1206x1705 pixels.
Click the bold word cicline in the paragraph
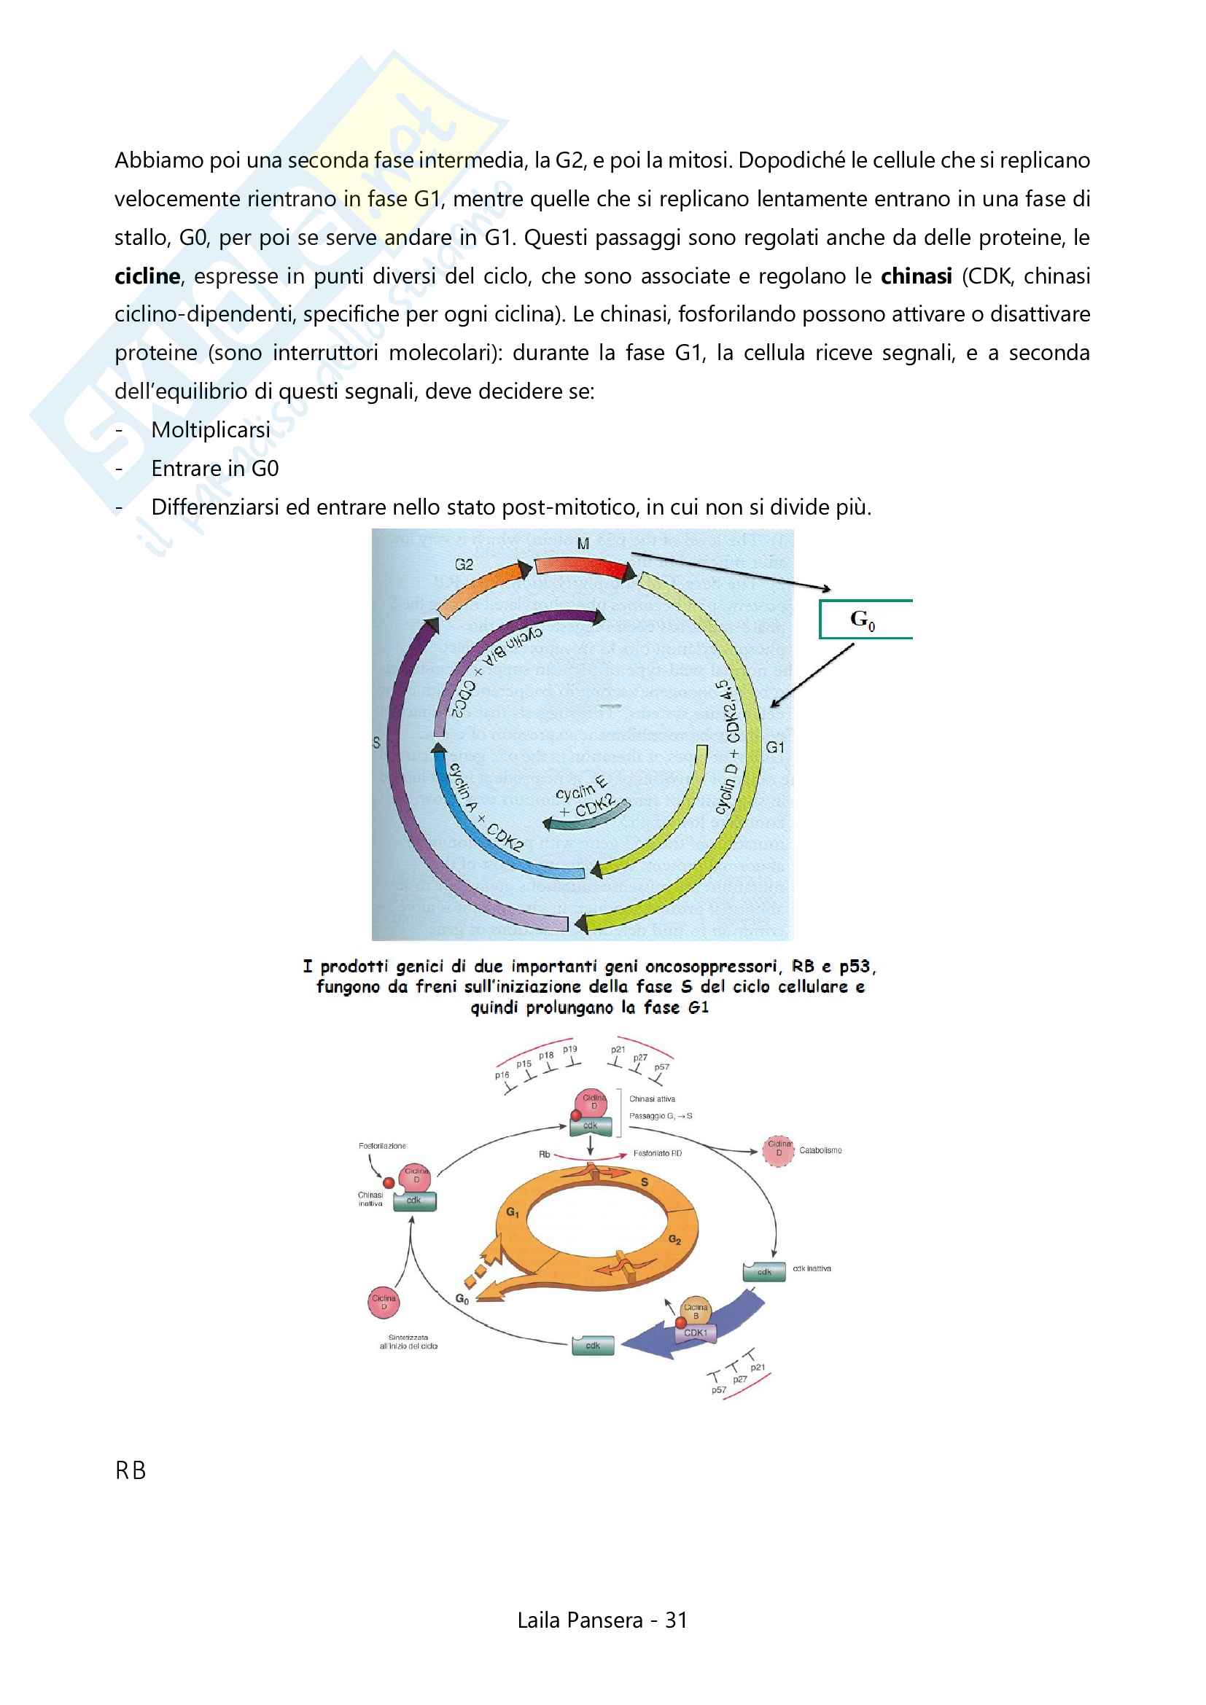(147, 276)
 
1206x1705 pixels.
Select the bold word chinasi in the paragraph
(916, 276)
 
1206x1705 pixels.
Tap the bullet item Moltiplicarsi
(210, 430)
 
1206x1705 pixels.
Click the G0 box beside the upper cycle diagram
(865, 620)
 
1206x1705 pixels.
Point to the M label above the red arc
(583, 544)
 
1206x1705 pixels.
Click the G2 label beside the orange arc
(464, 564)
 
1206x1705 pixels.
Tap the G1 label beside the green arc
(774, 747)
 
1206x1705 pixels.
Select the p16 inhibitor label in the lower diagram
(502, 1074)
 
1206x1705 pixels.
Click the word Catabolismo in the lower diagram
(820, 1150)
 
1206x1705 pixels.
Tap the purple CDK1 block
(695, 1333)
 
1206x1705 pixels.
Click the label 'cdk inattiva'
(811, 1268)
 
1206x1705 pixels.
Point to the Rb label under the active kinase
(545, 1154)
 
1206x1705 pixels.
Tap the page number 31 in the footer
(676, 1620)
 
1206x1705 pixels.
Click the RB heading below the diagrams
(131, 1470)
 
